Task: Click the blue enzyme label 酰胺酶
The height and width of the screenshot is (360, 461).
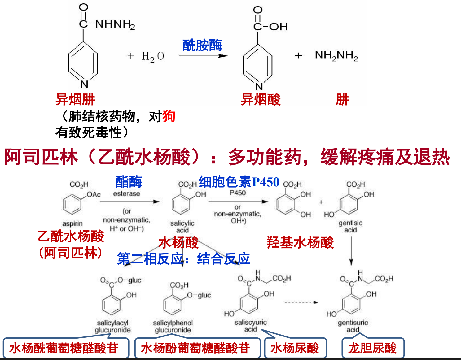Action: coord(202,45)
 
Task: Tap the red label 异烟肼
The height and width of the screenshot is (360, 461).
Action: coord(75,100)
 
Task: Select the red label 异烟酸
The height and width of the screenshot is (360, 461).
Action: coord(261,100)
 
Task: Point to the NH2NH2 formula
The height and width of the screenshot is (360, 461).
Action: coord(336,55)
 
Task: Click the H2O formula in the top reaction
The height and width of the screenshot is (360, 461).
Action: coord(153,56)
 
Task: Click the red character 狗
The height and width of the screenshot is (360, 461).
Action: coord(169,116)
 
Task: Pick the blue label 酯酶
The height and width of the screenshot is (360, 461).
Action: coord(129,182)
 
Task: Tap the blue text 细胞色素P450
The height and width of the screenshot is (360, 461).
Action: coord(239,182)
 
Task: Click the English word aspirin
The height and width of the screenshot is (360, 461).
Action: coord(72,223)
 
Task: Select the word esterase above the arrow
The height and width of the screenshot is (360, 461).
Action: coord(126,194)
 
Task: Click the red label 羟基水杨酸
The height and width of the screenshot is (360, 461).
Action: coord(300,242)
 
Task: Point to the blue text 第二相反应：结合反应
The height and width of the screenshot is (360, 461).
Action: coord(183,259)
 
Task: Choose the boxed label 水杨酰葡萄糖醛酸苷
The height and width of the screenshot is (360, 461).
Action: coord(64,348)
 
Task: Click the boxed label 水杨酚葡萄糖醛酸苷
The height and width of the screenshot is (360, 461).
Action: coord(195,348)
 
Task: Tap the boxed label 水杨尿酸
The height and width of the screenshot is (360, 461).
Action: coord(295,348)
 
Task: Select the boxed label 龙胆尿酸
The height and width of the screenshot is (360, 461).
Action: coord(372,348)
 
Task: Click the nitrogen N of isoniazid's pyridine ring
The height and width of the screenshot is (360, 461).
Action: coord(84,84)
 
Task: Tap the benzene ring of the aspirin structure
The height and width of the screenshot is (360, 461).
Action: coord(72,204)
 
